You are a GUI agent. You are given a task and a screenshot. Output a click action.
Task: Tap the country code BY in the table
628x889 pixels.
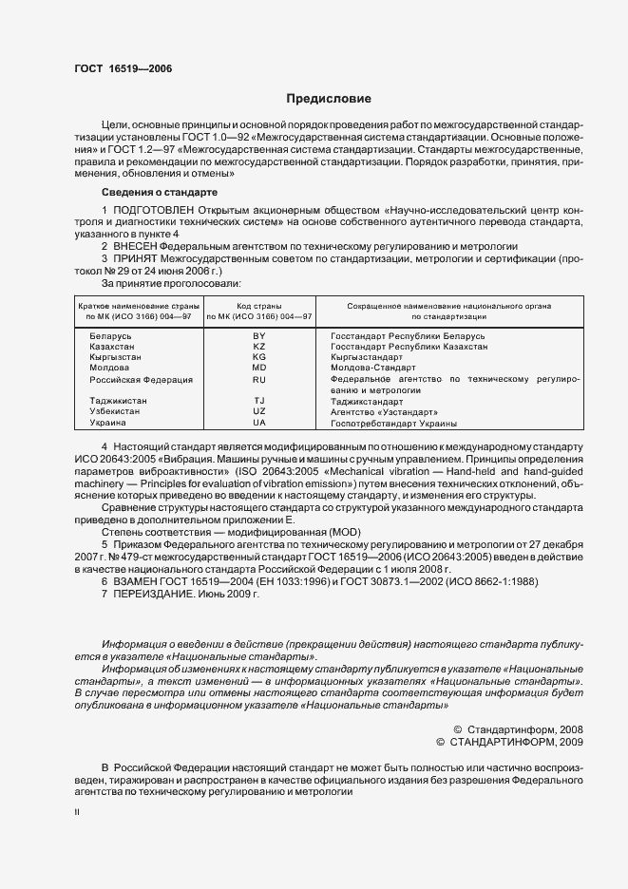259,337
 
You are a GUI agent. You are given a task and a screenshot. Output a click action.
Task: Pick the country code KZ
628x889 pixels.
259,348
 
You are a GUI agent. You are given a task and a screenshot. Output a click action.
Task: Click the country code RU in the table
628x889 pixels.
259,379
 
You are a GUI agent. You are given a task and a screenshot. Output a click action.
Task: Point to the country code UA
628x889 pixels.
259,423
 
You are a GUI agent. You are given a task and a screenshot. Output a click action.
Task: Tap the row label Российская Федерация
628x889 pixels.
141,379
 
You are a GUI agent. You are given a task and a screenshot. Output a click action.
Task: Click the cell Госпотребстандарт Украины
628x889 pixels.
393,423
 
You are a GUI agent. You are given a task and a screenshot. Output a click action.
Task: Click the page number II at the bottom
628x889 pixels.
76,813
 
